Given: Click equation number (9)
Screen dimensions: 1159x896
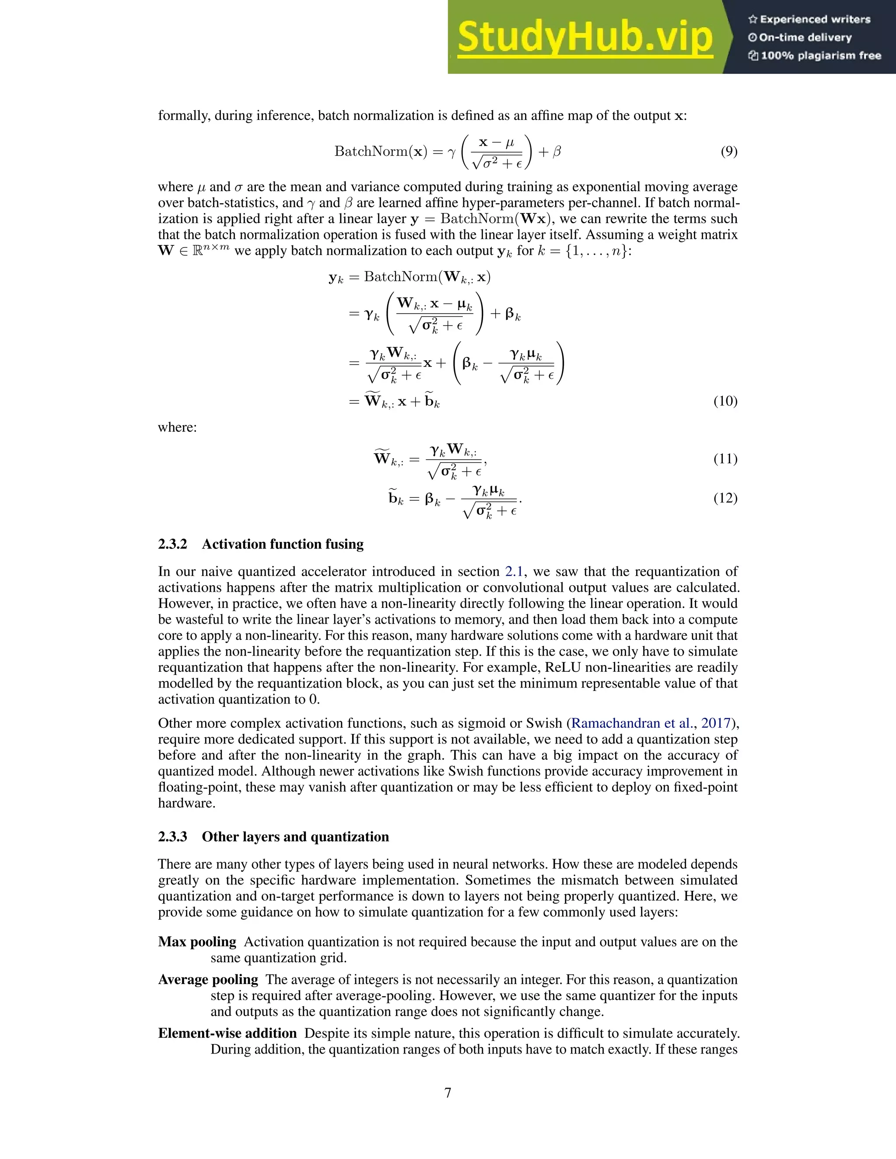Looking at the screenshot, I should (729, 152).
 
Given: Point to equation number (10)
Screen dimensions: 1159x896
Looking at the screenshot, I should (725, 401).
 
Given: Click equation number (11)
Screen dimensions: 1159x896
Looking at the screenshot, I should (725, 458).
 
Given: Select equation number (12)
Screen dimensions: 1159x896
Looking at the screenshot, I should (725, 498).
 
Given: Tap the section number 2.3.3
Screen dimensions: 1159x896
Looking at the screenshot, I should (172, 837).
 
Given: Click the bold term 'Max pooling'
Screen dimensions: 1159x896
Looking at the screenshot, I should (197, 942).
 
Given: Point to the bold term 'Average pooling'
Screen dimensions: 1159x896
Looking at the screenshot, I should (208, 980).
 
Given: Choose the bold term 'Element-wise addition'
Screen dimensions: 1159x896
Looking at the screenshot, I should (227, 1033).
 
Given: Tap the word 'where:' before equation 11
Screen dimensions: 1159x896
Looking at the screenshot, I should (177, 427).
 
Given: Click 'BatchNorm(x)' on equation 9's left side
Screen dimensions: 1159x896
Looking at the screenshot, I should (381, 152).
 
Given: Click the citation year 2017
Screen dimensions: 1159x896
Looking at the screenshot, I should (716, 723).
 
